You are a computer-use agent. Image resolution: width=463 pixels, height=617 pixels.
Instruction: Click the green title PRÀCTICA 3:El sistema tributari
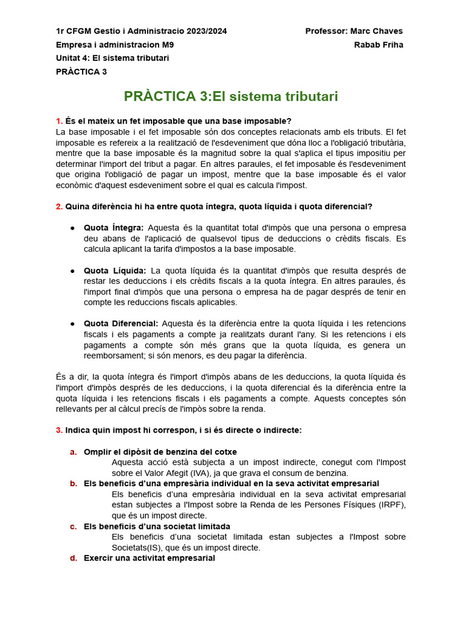pyautogui.click(x=231, y=96)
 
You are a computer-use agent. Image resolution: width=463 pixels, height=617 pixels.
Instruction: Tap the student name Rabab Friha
pyautogui.click(x=379, y=45)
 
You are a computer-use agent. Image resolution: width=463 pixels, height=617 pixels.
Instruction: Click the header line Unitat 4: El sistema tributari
pyautogui.click(x=112, y=58)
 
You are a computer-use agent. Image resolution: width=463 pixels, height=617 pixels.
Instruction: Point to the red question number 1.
pyautogui.click(x=58, y=121)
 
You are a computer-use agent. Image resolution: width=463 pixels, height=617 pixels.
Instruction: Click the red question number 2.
pyautogui.click(x=58, y=207)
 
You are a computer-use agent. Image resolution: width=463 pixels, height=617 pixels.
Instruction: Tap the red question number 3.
pyautogui.click(x=58, y=430)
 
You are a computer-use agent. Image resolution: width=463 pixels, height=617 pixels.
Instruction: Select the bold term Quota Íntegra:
pyautogui.click(x=114, y=228)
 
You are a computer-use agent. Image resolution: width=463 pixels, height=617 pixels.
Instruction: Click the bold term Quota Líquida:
pyautogui.click(x=115, y=271)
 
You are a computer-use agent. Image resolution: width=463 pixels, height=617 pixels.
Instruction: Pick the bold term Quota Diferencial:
pyautogui.click(x=121, y=324)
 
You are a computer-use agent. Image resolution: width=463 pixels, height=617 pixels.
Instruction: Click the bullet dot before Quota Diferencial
pyautogui.click(x=72, y=324)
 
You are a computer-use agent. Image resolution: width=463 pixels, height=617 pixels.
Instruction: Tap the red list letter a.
pyautogui.click(x=73, y=452)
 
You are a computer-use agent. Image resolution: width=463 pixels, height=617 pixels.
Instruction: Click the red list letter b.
pyautogui.click(x=73, y=483)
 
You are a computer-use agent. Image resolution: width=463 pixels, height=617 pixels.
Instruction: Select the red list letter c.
pyautogui.click(x=73, y=527)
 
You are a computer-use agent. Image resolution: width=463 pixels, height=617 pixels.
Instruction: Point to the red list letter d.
pyautogui.click(x=73, y=558)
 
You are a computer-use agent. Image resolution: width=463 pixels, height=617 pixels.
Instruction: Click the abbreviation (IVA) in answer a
pyautogui.click(x=201, y=473)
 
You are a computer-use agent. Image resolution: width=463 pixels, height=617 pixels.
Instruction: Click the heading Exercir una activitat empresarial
pyautogui.click(x=149, y=558)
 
